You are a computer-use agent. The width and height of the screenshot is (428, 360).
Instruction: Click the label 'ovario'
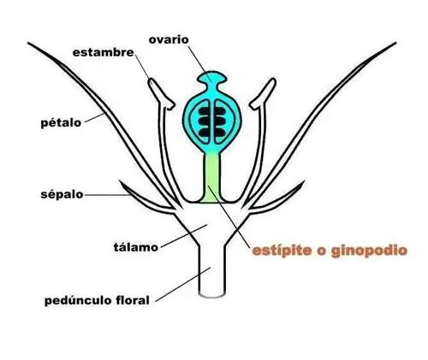coord(169,39)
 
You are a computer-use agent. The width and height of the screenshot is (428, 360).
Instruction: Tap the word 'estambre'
coord(104,52)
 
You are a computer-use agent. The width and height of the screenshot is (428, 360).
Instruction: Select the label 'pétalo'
coord(61,123)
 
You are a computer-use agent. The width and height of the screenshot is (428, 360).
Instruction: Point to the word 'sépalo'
coord(62,194)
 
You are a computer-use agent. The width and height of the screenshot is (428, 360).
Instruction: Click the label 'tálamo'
coord(136,247)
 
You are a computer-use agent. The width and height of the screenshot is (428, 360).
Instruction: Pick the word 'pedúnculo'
coord(78,300)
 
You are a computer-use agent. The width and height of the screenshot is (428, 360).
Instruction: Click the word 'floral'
coord(133,300)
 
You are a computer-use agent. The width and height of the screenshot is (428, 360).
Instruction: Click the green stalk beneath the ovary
coord(212,178)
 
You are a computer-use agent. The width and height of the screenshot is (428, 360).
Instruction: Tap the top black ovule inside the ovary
coord(212,110)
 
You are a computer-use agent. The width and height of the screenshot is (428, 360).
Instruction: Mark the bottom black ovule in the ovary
coord(212,133)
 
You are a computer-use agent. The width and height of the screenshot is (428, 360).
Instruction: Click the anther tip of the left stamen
coord(152,81)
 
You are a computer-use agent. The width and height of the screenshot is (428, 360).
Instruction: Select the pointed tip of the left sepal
coord(120,181)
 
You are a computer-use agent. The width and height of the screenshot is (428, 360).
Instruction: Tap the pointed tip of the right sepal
coord(304,181)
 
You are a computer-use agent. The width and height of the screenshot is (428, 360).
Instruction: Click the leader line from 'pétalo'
coord(95,118)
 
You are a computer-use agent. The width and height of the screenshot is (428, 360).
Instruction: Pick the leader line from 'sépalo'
coord(107,195)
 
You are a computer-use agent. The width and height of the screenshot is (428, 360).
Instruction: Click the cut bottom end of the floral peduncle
coord(212,295)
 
